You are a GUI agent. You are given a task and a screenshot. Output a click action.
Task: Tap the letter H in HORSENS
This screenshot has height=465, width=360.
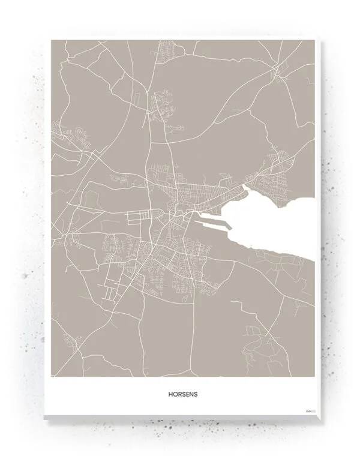click(170, 395)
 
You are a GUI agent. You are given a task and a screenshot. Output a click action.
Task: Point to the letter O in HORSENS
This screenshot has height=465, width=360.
click(174, 395)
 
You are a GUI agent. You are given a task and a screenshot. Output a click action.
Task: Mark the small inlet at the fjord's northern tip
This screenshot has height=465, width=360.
click(245, 192)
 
